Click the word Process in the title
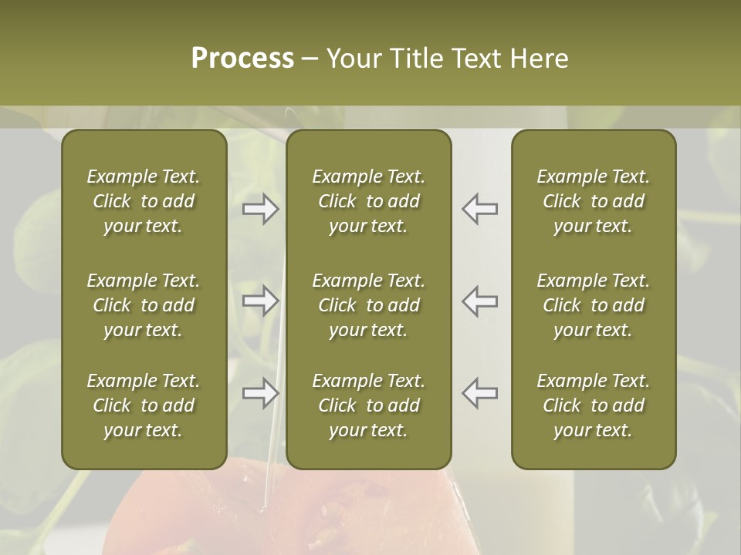[x=242, y=59]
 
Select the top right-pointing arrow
[x=261, y=209]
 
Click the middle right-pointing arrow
[x=261, y=301]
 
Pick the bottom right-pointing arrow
[x=261, y=393]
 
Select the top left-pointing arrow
[x=479, y=209]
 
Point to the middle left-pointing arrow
[x=479, y=301]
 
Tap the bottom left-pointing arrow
[x=479, y=393]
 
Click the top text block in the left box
[x=144, y=201]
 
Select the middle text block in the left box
[x=144, y=305]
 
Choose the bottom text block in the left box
[x=144, y=405]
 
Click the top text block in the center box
[x=368, y=201]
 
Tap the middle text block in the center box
[x=368, y=305]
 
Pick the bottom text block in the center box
[x=368, y=405]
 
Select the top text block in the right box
[x=593, y=201]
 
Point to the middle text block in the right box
[x=593, y=305]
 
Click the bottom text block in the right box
[x=593, y=405]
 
